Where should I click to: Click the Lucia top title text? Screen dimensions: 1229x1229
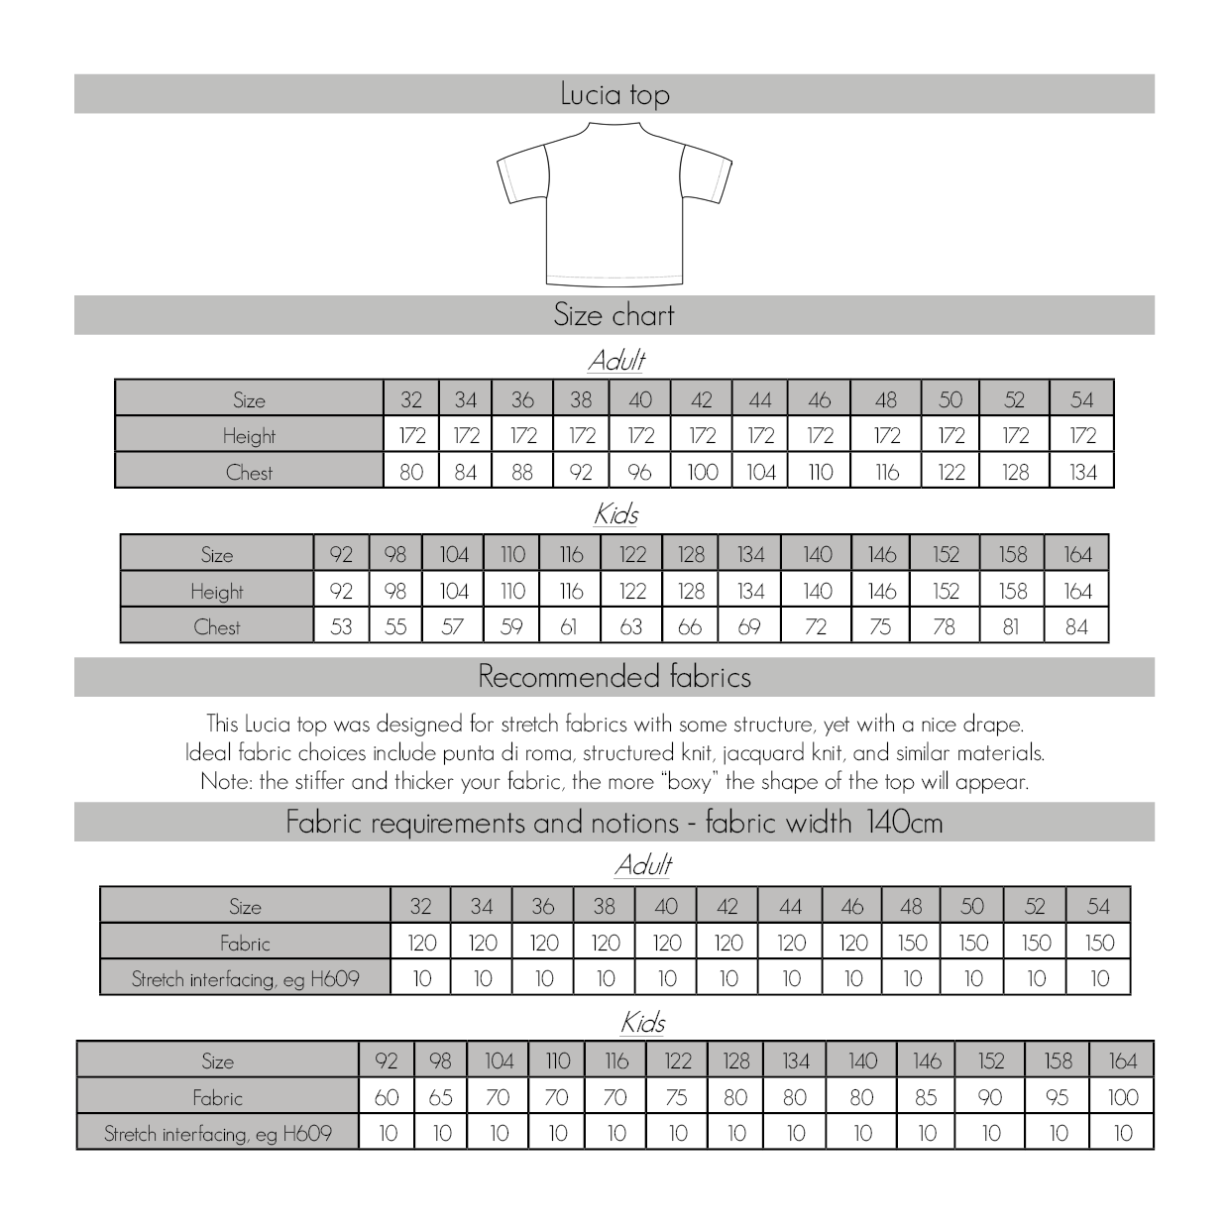(614, 94)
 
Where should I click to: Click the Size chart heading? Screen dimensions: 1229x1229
(614, 315)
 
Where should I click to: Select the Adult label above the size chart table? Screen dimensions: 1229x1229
(616, 360)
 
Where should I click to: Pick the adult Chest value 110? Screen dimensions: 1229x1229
(820, 472)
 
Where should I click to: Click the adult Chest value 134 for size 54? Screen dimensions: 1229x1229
(1082, 472)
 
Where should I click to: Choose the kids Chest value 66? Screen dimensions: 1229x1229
(690, 626)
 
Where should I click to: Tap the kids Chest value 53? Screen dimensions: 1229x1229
(341, 626)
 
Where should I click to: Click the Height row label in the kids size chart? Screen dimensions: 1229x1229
(217, 591)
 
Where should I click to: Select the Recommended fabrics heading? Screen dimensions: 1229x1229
(614, 677)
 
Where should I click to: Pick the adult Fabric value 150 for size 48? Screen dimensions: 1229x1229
(912, 943)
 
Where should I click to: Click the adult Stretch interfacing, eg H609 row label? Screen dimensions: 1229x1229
(245, 979)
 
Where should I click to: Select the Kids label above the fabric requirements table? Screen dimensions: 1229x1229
(642, 1022)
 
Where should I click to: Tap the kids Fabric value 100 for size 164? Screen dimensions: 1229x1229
(1122, 1097)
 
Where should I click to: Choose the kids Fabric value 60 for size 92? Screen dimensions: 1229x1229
(387, 1097)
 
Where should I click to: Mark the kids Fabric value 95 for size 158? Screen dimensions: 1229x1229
(1058, 1097)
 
